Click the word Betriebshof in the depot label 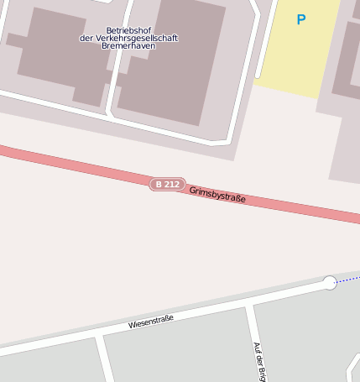point(128,30)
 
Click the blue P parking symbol point(300,19)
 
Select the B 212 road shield point(167,184)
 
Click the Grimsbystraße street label point(217,195)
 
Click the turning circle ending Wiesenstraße point(330,283)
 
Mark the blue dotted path point(348,279)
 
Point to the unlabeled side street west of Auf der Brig point(105,357)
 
